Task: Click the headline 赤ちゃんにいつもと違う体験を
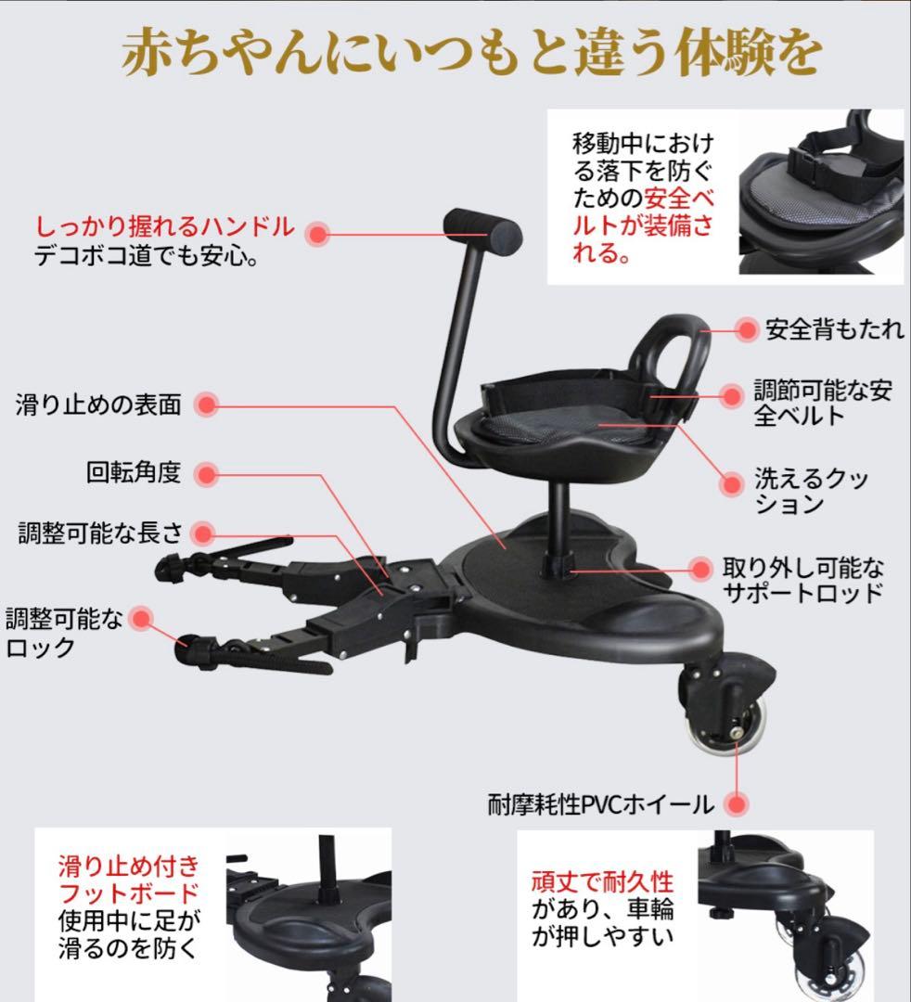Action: [x=472, y=54]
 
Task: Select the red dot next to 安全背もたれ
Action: [x=747, y=329]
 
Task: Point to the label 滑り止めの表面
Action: [x=98, y=405]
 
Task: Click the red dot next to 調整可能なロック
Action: [x=140, y=619]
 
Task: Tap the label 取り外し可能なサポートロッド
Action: [x=803, y=580]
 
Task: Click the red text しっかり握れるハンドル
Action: [x=165, y=226]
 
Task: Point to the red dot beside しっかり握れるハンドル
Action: [x=318, y=233]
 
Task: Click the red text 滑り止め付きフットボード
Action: [x=128, y=880]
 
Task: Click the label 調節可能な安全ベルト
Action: [x=823, y=403]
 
